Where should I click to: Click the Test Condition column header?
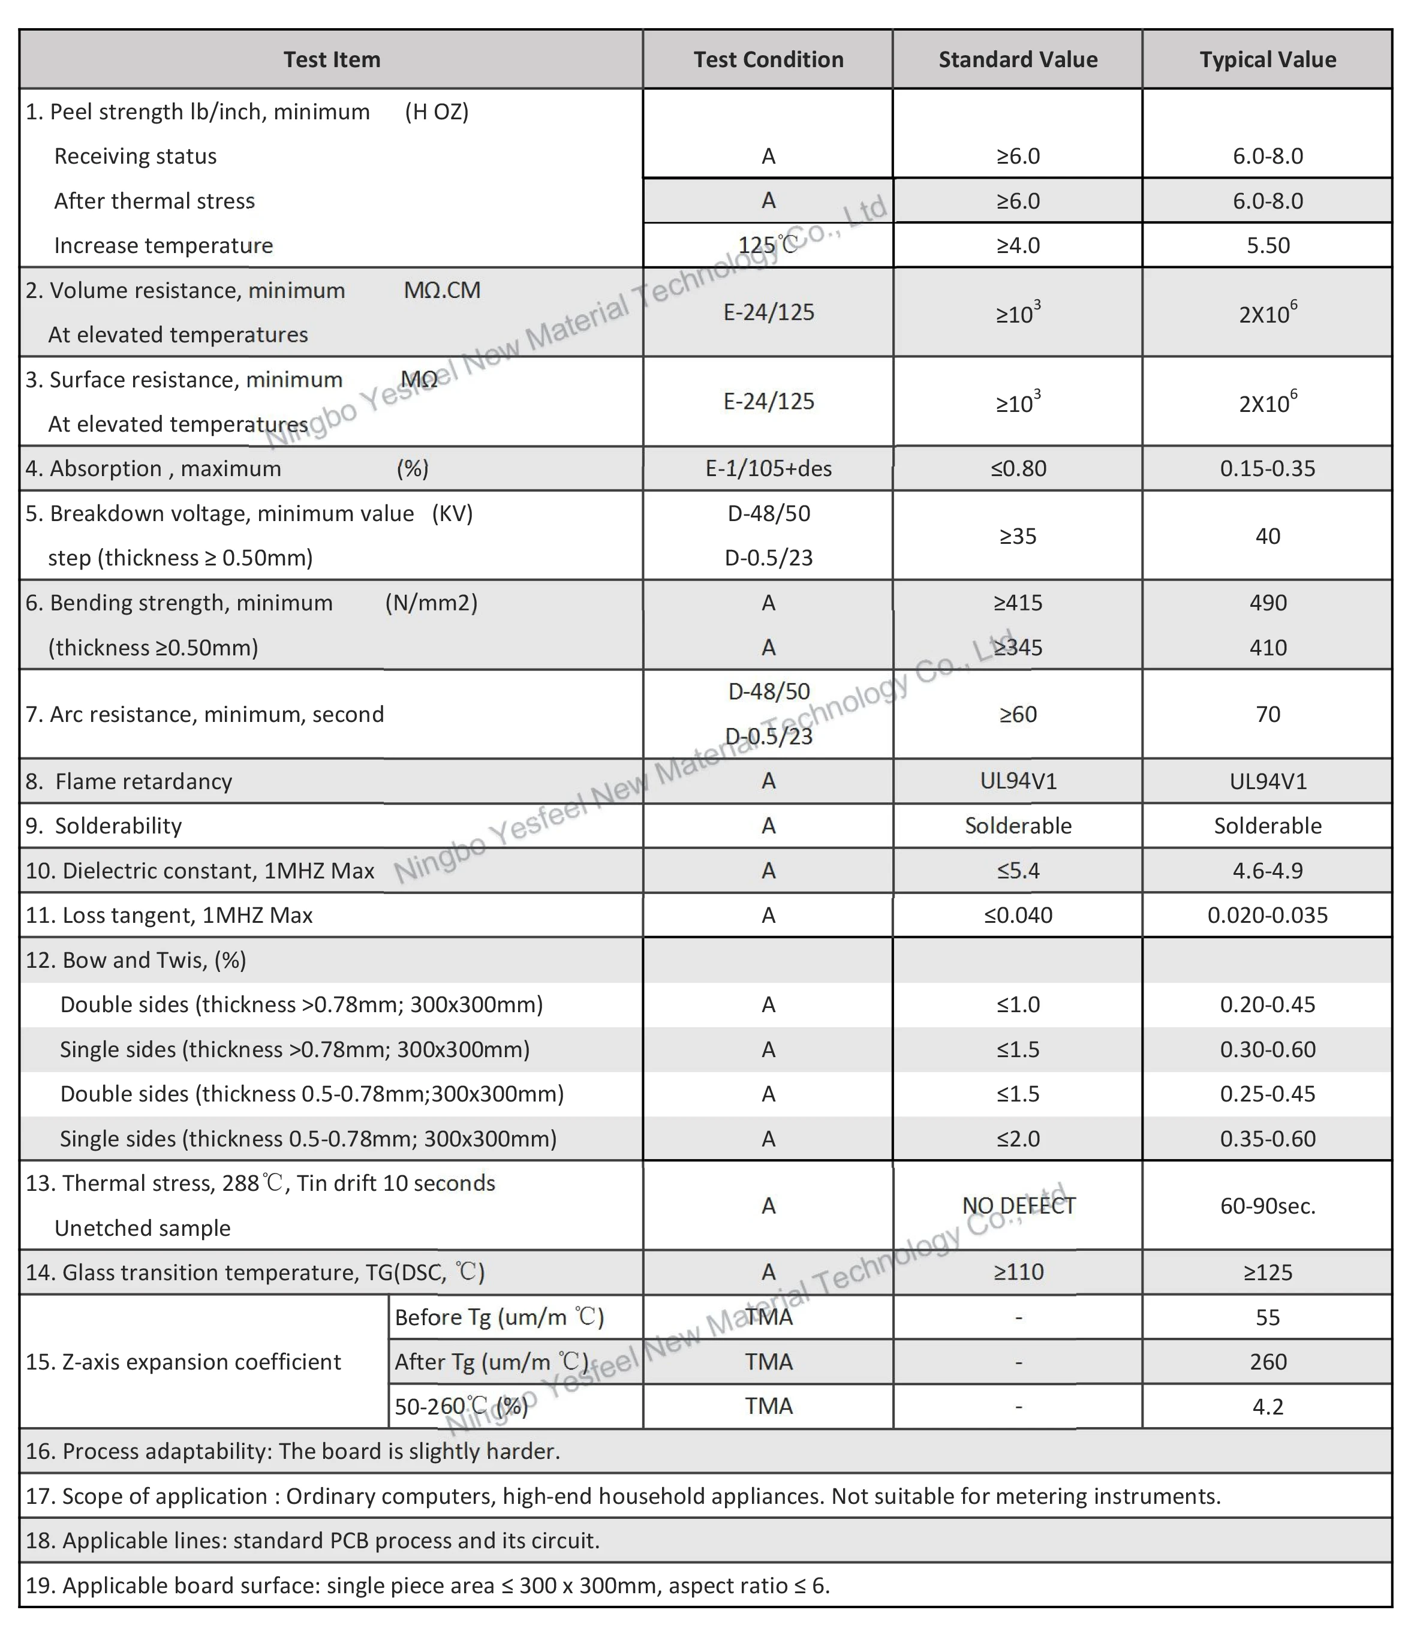pyautogui.click(x=768, y=60)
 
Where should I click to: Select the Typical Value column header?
pyautogui.click(x=1266, y=60)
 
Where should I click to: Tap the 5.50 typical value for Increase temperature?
pyautogui.click(x=1267, y=245)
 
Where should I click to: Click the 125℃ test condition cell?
pyautogui.click(x=768, y=245)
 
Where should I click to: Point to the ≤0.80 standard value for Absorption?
pyautogui.click(x=1018, y=468)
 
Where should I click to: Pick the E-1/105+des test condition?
pyautogui.click(x=768, y=468)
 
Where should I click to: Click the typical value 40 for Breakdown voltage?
pyautogui.click(x=1267, y=536)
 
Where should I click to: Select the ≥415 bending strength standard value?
pyautogui.click(x=1018, y=603)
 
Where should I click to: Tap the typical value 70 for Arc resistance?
pyautogui.click(x=1267, y=714)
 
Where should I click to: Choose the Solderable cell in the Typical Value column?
pyautogui.click(x=1267, y=826)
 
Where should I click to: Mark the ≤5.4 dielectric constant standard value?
pyautogui.click(x=1018, y=871)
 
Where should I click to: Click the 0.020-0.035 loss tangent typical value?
pyautogui.click(x=1267, y=916)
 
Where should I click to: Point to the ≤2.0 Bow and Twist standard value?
pyautogui.click(x=1018, y=1139)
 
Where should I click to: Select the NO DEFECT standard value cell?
pyautogui.click(x=1018, y=1205)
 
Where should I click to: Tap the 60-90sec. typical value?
pyautogui.click(x=1267, y=1205)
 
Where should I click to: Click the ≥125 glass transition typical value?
pyautogui.click(x=1267, y=1272)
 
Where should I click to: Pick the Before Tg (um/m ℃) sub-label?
pyautogui.click(x=499, y=1317)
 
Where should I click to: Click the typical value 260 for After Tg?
pyautogui.click(x=1267, y=1362)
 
